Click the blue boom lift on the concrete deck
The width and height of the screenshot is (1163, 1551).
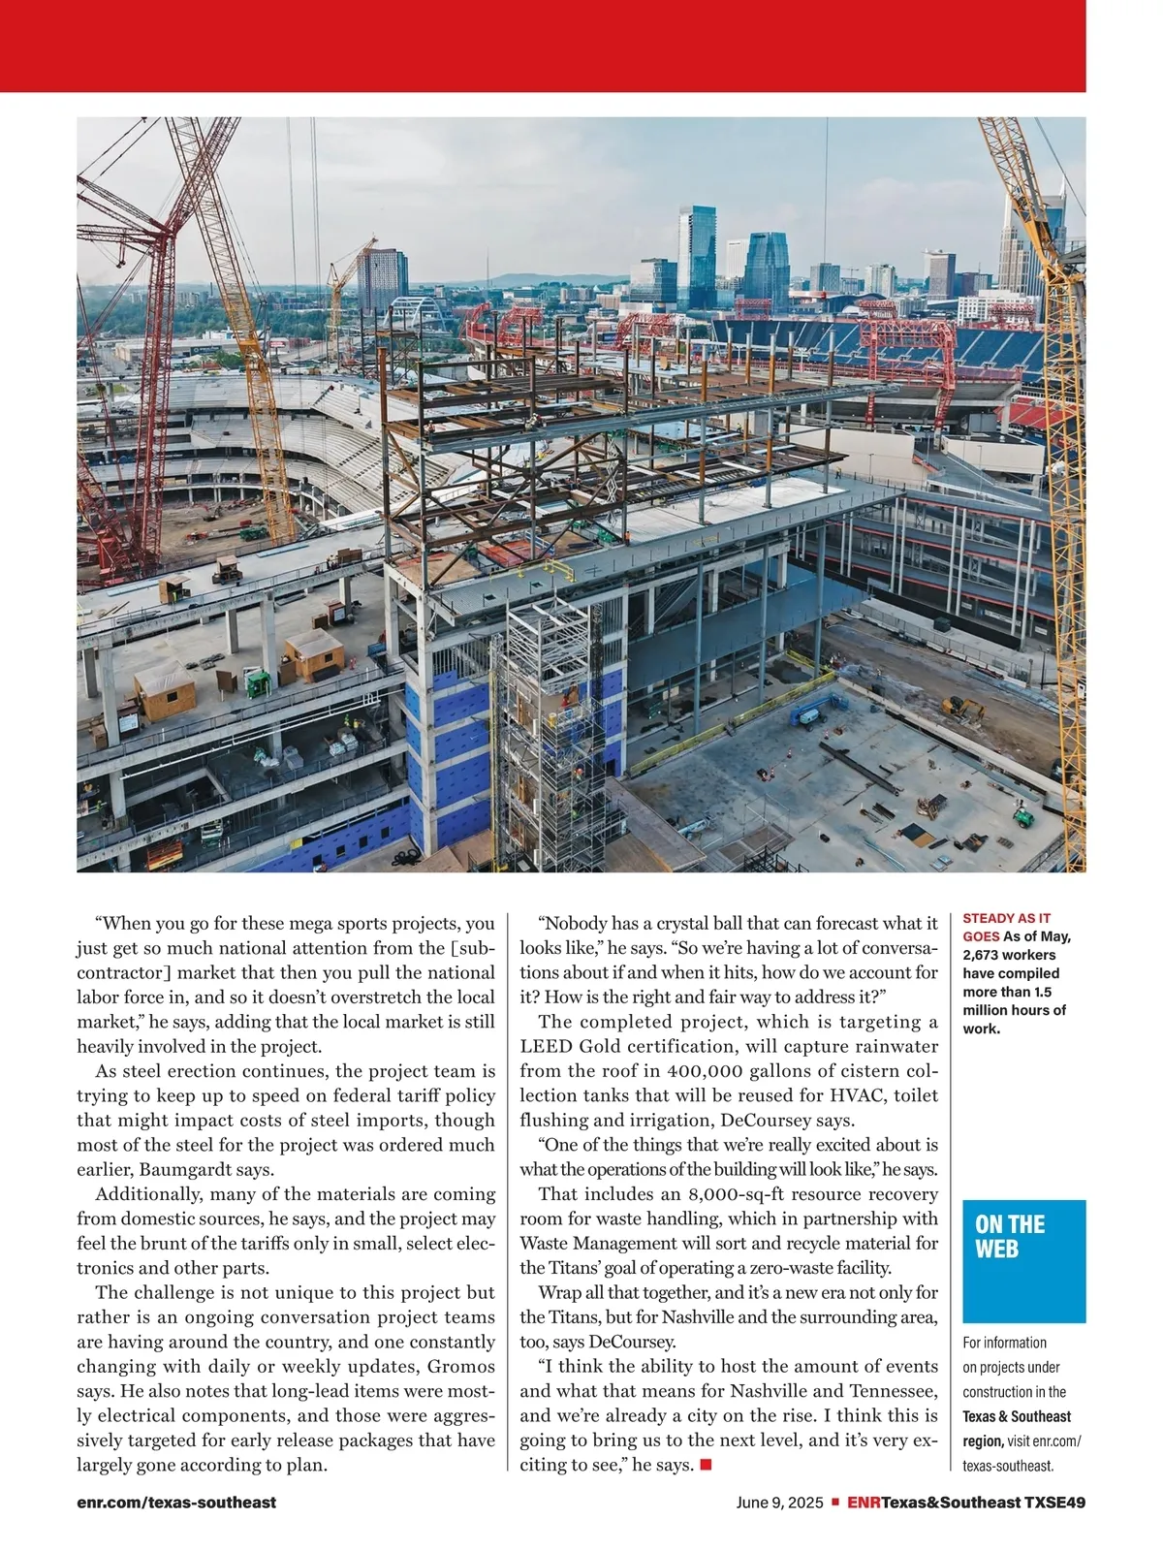812,714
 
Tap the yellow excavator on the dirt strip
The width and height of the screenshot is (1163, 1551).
961,711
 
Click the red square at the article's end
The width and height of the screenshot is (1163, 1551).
706,1464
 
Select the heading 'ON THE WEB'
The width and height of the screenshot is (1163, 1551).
1010,1237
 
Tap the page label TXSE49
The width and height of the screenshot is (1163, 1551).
1054,1503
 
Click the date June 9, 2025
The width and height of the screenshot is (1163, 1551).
779,1503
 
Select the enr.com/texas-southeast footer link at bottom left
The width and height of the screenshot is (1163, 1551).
176,1503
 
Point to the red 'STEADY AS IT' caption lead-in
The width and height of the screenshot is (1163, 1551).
1006,918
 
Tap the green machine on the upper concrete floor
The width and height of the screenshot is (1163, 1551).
258,684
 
